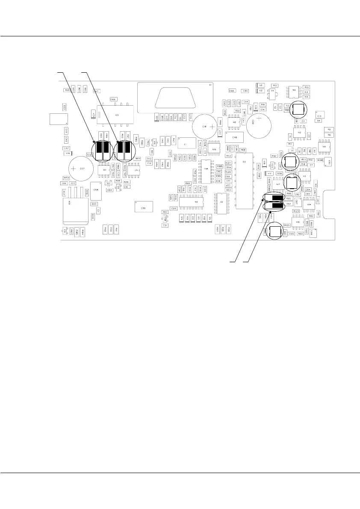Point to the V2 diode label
pos(260,85)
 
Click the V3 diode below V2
pos(260,91)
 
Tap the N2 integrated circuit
pos(299,133)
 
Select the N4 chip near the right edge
pos(324,147)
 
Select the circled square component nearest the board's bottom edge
pos(276,232)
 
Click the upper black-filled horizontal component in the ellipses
pos(274,198)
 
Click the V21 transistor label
pos(108,183)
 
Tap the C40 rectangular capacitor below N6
pos(234,137)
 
